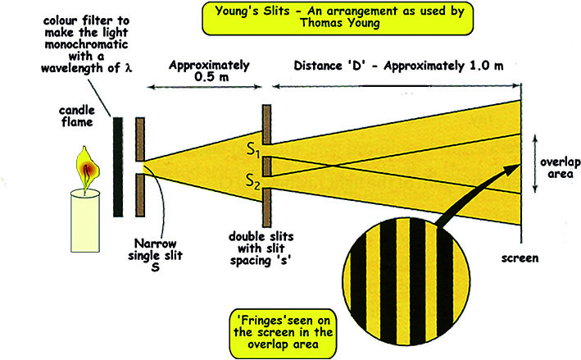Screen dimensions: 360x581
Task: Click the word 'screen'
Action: [521, 258]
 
